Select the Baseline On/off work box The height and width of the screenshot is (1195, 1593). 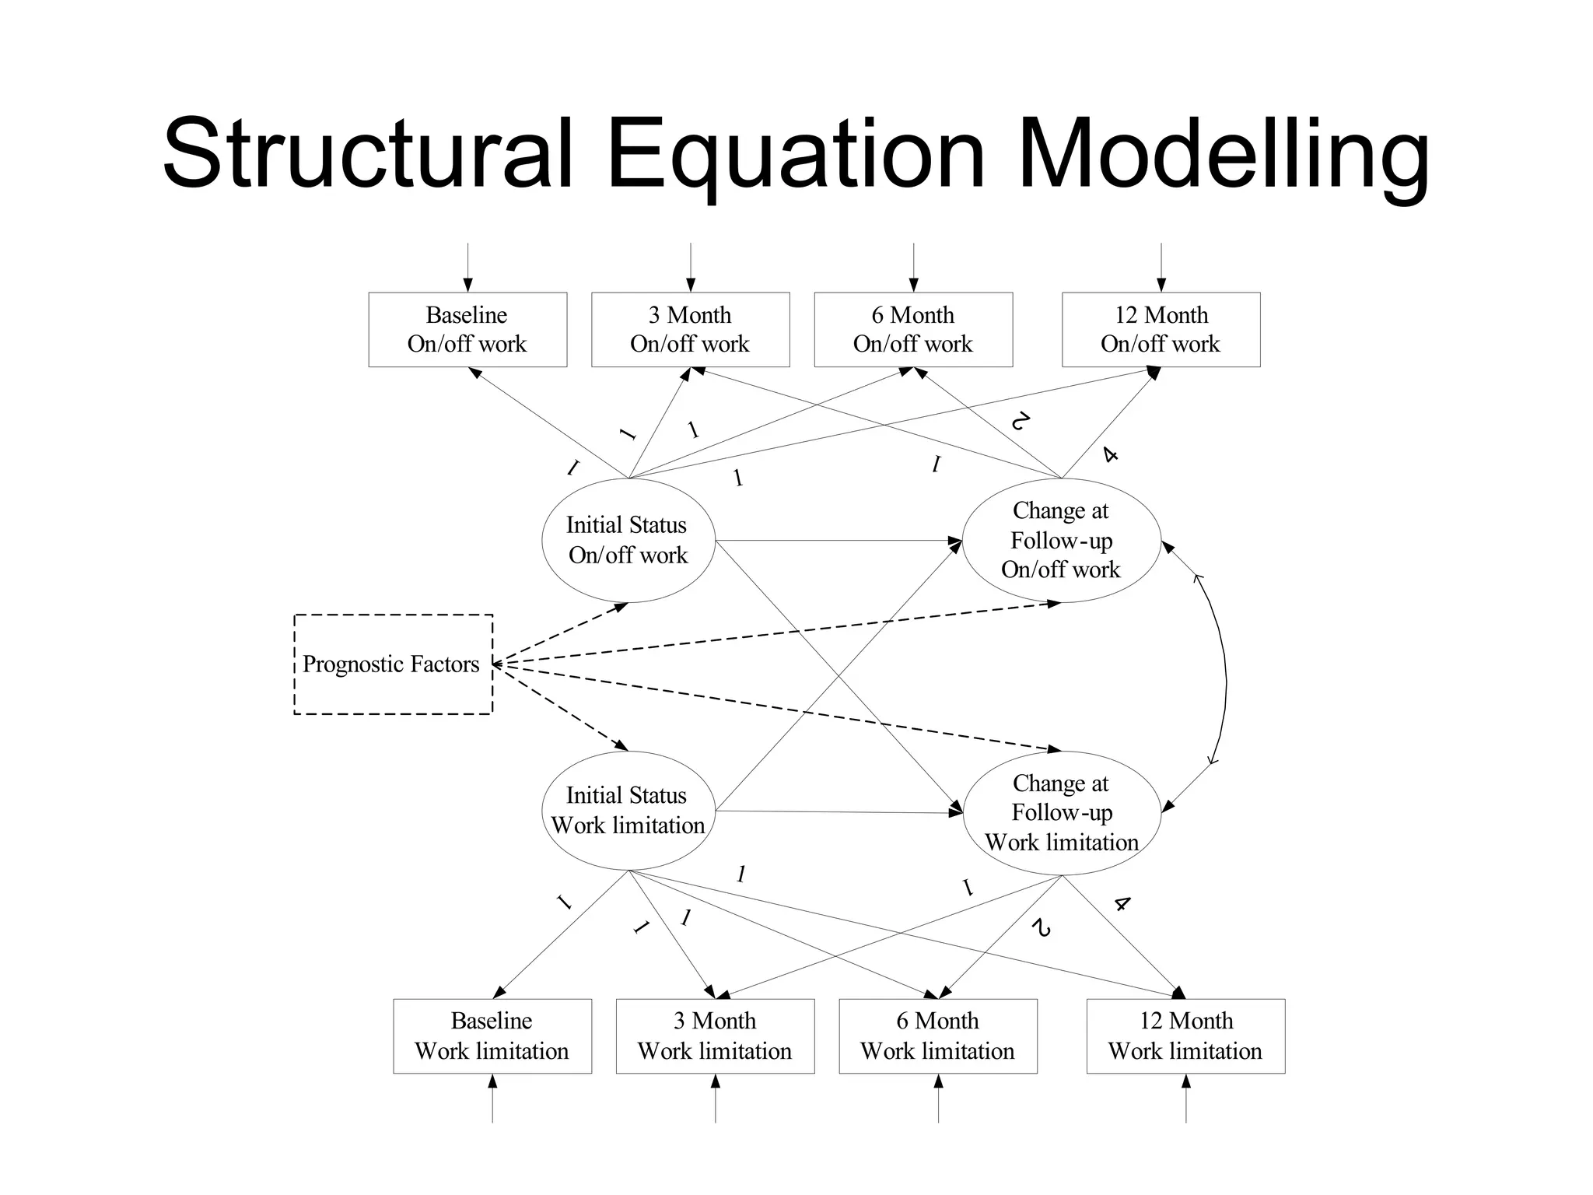[x=467, y=329]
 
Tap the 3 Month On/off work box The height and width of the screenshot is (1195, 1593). [x=690, y=329]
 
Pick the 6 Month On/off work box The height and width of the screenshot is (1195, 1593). [x=913, y=329]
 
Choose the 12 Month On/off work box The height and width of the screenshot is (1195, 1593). [x=1161, y=329]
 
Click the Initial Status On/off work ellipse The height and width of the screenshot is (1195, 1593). [x=628, y=540]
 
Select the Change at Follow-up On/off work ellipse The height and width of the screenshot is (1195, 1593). [x=1061, y=540]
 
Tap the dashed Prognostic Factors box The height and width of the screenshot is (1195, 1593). [x=393, y=664]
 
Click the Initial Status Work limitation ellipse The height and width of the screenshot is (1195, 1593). [x=628, y=810]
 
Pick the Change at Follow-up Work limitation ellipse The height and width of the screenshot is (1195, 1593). [x=1061, y=812]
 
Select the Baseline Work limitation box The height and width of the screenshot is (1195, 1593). [x=492, y=1036]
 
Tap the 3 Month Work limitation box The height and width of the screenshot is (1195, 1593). [x=715, y=1036]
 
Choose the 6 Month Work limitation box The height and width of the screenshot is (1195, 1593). [x=938, y=1036]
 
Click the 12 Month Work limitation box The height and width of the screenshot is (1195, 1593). [x=1185, y=1036]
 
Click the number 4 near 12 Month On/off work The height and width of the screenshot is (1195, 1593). [x=1111, y=454]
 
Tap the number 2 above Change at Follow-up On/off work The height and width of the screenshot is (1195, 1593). [x=1020, y=422]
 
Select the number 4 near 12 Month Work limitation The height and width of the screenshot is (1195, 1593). [x=1121, y=904]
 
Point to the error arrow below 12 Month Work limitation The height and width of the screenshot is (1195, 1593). [x=1185, y=1099]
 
